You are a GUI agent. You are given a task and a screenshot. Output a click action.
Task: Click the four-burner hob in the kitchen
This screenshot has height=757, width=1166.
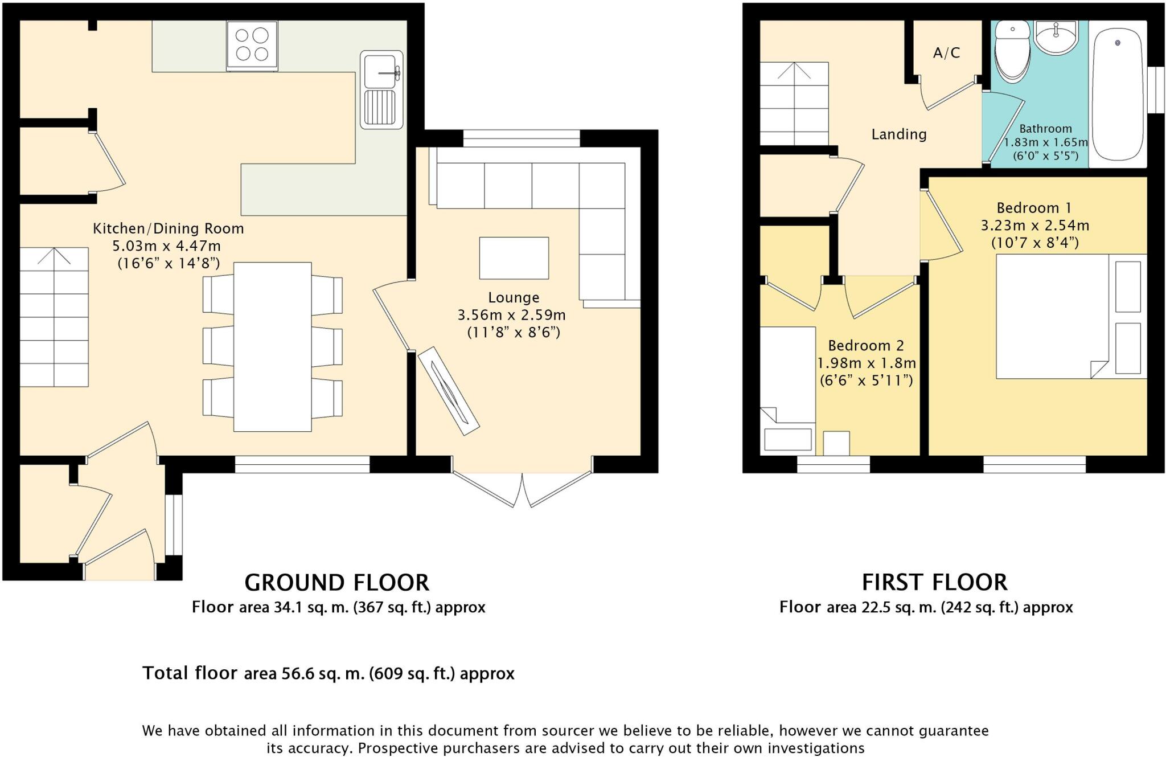click(252, 46)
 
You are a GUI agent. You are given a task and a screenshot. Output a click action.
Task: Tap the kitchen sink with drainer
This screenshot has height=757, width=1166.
click(381, 89)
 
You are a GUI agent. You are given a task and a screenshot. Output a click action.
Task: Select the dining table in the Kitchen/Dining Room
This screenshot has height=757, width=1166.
click(273, 346)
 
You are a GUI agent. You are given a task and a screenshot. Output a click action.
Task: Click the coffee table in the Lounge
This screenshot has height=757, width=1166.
click(514, 258)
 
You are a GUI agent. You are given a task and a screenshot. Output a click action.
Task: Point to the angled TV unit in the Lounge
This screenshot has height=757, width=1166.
click(449, 391)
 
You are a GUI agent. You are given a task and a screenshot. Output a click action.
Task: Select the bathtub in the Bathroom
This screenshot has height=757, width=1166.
click(1118, 94)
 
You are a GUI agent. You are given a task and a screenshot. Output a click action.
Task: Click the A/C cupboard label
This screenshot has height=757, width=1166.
click(947, 53)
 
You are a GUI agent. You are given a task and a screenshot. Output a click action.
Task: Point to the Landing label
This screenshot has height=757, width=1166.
click(899, 134)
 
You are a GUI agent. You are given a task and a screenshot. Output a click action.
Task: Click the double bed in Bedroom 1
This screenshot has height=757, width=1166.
click(1071, 316)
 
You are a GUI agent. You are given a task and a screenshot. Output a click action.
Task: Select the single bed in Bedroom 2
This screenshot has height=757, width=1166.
click(788, 390)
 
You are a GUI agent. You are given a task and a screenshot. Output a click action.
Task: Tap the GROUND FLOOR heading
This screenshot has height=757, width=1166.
click(336, 583)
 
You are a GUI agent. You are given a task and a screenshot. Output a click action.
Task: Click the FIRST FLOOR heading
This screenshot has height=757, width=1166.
click(934, 583)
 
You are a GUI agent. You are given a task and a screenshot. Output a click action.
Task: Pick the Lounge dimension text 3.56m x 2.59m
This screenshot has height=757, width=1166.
click(512, 315)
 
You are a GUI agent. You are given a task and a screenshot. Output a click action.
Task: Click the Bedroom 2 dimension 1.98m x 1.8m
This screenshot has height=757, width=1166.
click(867, 363)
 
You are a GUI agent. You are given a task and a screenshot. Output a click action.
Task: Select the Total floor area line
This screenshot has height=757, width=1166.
click(329, 673)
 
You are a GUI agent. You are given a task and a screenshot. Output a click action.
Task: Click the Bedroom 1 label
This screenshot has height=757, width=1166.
click(1034, 207)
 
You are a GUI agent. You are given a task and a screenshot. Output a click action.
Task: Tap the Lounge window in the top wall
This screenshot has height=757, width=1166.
click(522, 138)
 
